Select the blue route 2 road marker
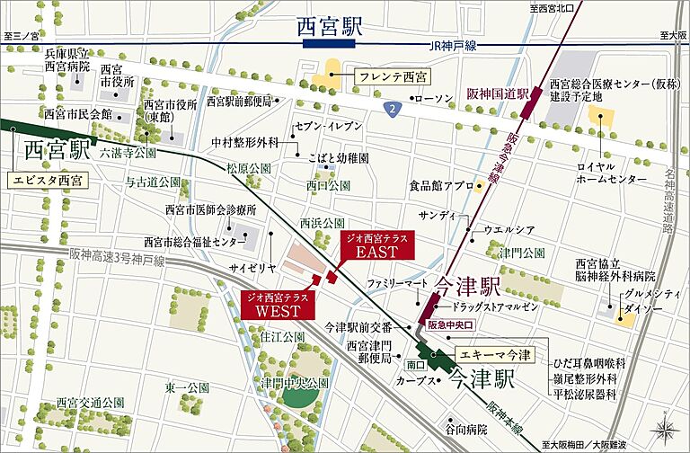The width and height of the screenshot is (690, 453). (x=393, y=109)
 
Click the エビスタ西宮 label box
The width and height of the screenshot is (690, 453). (x=47, y=180)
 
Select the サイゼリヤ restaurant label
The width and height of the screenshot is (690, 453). (x=252, y=268)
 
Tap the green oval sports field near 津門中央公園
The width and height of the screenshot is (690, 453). (x=301, y=394)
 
